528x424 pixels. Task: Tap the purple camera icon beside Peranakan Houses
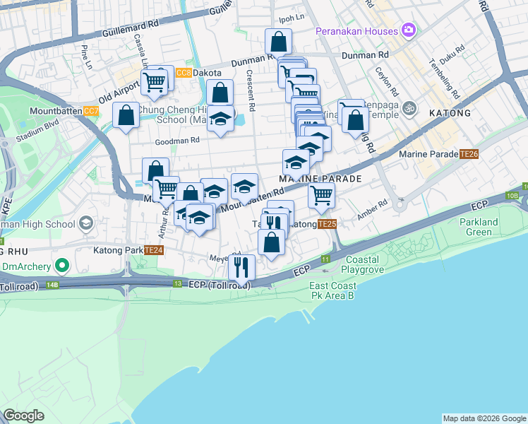tap(407, 30)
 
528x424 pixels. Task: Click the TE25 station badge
tap(326, 224)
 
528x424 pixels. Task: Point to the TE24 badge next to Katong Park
tap(154, 250)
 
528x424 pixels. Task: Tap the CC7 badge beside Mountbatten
tap(91, 111)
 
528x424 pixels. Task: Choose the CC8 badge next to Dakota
tap(184, 73)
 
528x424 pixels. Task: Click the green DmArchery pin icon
tap(62, 266)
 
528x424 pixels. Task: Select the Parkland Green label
tap(479, 227)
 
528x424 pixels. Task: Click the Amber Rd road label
tap(373, 208)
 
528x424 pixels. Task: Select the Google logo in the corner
tap(23, 416)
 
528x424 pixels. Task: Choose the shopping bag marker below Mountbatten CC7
tap(126, 115)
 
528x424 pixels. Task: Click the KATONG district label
tap(449, 113)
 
